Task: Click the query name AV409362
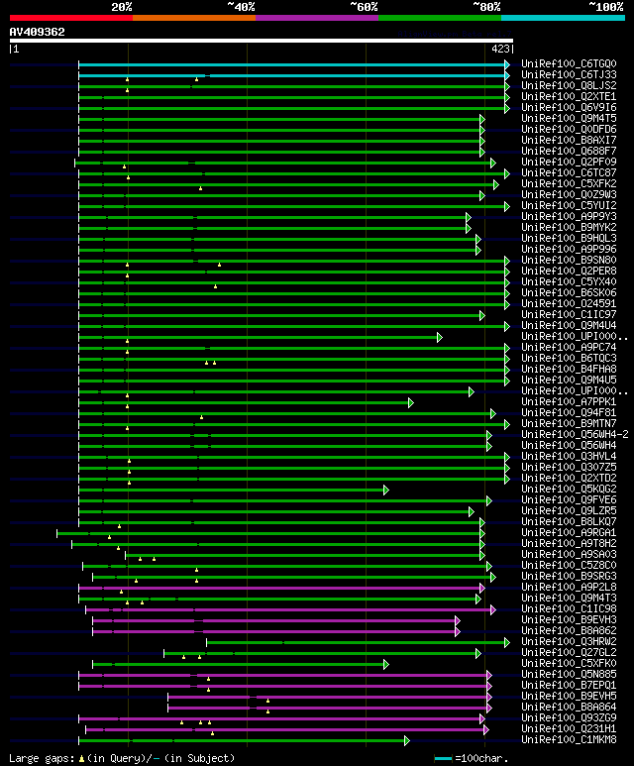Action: [x=37, y=32]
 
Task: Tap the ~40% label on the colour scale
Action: [x=241, y=6]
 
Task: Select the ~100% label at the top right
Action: [x=605, y=6]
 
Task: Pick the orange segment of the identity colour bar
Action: [x=193, y=18]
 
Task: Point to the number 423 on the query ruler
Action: [x=500, y=48]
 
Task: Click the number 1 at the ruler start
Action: [x=14, y=48]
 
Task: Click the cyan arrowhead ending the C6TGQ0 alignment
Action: [x=507, y=64]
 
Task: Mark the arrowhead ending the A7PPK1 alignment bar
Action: [x=410, y=402]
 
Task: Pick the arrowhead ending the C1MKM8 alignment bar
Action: [x=406, y=740]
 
